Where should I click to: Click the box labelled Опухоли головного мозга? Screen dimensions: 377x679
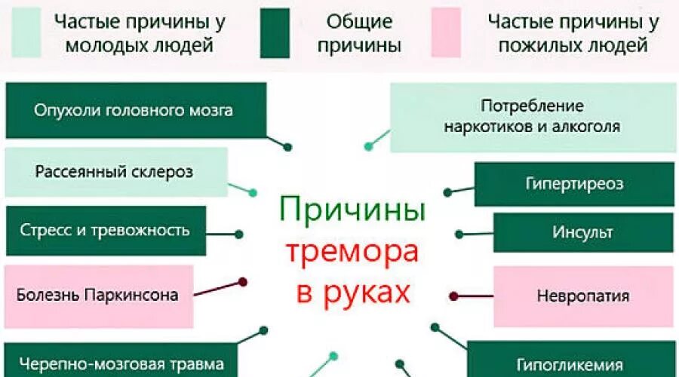pyautogui.click(x=136, y=110)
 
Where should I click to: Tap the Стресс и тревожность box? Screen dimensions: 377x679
pyautogui.click(x=106, y=230)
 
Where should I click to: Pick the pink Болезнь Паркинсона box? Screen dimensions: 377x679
pyautogui.click(x=98, y=295)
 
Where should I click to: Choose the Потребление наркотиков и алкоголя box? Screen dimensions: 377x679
pyautogui.click(x=533, y=116)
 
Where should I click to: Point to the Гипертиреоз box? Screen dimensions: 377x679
pyautogui.click(x=574, y=184)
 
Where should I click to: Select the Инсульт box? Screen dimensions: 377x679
pyautogui.click(x=583, y=232)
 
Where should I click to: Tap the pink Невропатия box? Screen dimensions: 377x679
pyautogui.click(x=583, y=295)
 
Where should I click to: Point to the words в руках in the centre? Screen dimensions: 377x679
pyautogui.click(x=353, y=290)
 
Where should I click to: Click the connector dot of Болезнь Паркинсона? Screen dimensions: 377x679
pyautogui.click(x=243, y=282)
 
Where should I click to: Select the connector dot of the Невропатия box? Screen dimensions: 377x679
pyautogui.click(x=453, y=296)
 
